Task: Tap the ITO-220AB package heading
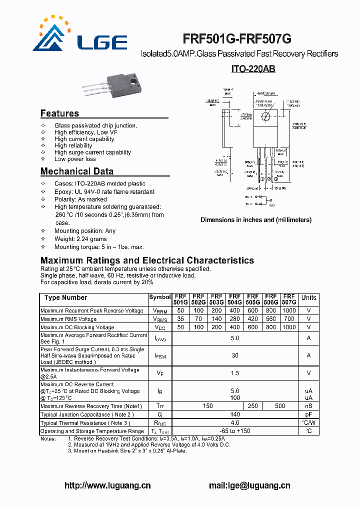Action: tap(253, 69)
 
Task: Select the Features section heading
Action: tap(59, 113)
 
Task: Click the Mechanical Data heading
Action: tap(76, 171)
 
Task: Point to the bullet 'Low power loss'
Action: tap(75, 159)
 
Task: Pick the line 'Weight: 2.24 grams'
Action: tap(80, 239)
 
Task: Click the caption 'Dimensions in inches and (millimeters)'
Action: tap(256, 220)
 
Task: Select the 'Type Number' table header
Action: tap(65, 298)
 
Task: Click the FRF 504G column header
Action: tap(234, 299)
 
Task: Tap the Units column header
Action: tap(308, 298)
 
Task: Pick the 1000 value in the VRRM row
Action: tap(288, 311)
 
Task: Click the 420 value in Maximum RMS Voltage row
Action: tap(252, 319)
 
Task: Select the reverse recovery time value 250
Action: tap(252, 406)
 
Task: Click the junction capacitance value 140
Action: tap(234, 414)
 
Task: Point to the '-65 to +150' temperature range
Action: tap(234, 431)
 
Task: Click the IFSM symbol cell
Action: tap(159, 355)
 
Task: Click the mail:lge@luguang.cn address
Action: tap(249, 485)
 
